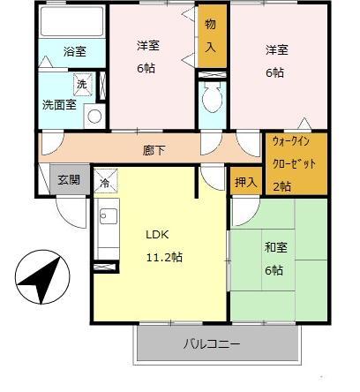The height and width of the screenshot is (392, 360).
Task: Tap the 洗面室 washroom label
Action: point(58,104)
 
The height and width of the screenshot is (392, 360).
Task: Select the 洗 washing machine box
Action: point(82,84)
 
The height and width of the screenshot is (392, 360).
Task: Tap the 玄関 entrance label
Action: point(69,179)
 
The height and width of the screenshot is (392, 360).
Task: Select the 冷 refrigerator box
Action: point(104,184)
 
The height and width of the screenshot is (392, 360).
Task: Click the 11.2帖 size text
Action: point(164,257)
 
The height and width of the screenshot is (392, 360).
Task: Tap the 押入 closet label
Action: point(246,183)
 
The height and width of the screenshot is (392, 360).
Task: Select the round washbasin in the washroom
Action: point(94,115)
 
